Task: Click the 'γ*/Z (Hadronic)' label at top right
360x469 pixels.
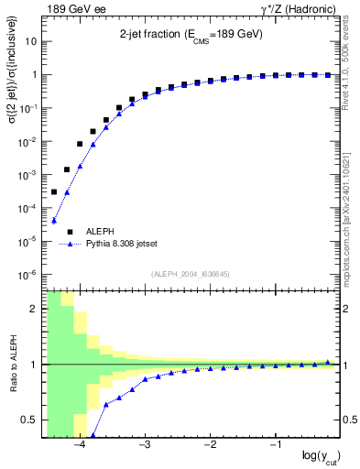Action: pos(292,9)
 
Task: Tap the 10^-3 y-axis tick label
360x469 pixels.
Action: pos(27,175)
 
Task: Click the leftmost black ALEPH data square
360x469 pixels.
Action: pos(54,191)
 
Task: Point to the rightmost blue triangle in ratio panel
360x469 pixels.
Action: pos(328,362)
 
